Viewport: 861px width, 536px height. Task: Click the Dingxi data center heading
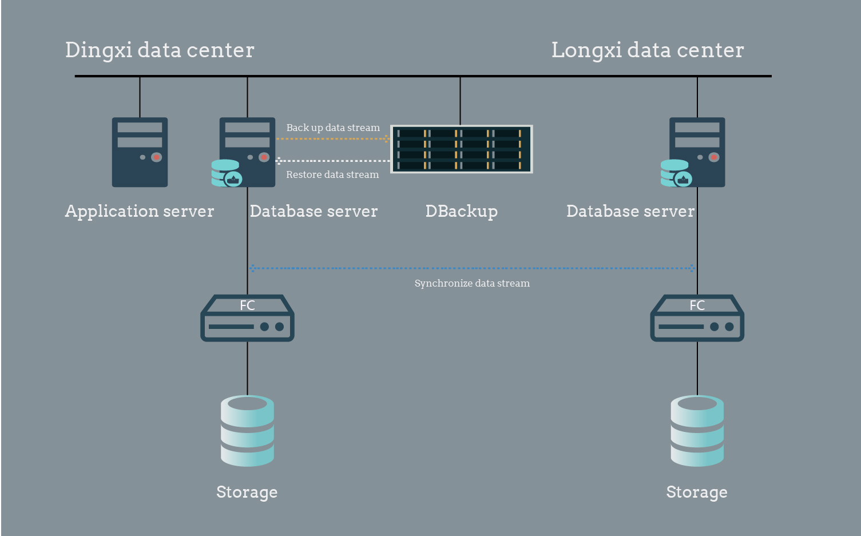[160, 50]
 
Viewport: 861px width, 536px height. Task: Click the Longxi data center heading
[647, 50]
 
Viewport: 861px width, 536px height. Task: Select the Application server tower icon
[140, 152]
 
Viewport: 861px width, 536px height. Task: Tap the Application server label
[140, 211]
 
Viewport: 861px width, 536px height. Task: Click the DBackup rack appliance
[461, 149]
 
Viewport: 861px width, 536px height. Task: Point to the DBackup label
[461, 211]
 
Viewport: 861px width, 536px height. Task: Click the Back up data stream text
[333, 128]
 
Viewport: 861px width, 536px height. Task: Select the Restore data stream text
[332, 174]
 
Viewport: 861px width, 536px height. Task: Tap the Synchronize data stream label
[472, 283]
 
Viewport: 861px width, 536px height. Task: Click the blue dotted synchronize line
[472, 268]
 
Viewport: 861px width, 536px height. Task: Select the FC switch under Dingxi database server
[247, 319]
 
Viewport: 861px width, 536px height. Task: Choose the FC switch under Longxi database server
[697, 319]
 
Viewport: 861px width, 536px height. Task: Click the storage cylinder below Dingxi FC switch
[247, 430]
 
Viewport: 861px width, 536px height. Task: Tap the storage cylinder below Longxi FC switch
[697, 430]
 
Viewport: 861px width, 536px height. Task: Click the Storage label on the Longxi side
[697, 492]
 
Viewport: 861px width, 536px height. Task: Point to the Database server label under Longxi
[630, 211]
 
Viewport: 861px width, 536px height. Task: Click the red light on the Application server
[156, 157]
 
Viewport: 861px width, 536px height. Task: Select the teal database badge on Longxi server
[676, 173]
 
